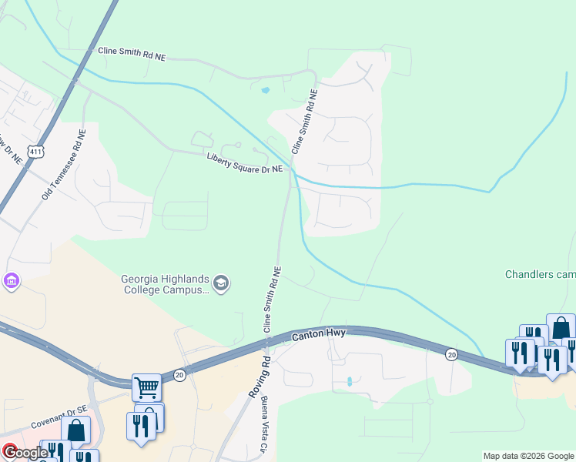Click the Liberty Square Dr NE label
click(245, 162)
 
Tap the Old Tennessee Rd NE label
click(64, 163)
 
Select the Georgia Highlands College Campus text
click(166, 284)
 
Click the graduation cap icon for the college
click(222, 284)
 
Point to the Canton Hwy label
click(319, 335)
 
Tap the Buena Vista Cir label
click(263, 424)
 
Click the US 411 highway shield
click(35, 152)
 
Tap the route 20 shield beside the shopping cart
click(179, 374)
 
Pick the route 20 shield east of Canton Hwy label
click(450, 353)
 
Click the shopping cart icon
click(146, 387)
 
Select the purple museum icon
click(11, 281)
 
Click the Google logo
click(25, 452)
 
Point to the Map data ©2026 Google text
click(528, 456)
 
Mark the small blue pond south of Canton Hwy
click(349, 381)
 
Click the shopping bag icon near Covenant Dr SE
click(75, 430)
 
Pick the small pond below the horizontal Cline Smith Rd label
click(266, 91)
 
